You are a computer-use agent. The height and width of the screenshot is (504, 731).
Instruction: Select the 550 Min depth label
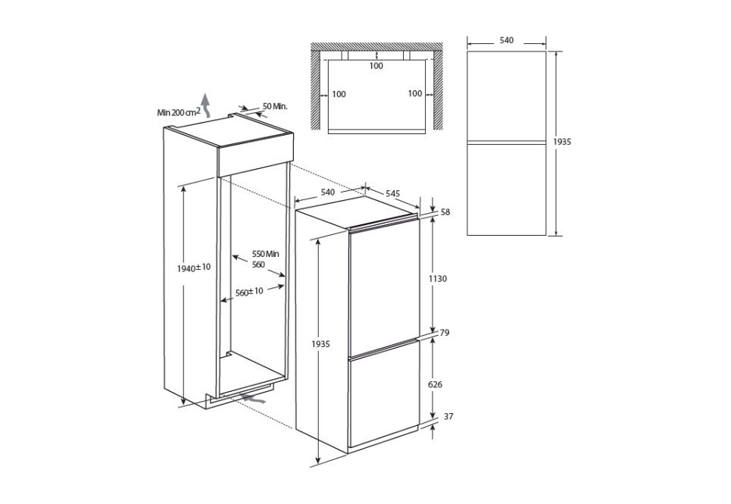click(x=266, y=253)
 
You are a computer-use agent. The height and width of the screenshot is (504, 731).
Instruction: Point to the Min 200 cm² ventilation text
click(x=178, y=112)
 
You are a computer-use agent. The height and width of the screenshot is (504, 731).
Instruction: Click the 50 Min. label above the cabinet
click(x=275, y=106)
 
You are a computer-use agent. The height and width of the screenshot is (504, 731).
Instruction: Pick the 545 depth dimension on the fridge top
click(x=392, y=193)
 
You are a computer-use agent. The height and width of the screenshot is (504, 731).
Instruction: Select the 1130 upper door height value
click(x=438, y=279)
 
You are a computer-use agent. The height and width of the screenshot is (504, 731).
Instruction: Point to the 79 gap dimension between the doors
click(x=445, y=332)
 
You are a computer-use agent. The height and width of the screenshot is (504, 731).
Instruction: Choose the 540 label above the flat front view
click(x=507, y=40)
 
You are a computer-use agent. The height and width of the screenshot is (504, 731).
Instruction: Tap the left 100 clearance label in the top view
click(x=339, y=94)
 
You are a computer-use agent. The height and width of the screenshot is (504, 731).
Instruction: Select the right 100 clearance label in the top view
click(x=414, y=93)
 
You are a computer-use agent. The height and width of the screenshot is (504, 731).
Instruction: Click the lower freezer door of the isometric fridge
click(x=383, y=394)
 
